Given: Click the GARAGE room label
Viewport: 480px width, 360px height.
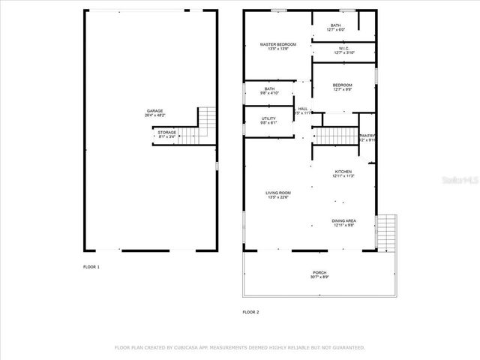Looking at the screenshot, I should tap(155, 110).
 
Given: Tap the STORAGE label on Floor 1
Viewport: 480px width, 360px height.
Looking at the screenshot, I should tap(166, 132).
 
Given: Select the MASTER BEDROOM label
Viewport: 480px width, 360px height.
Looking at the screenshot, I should tap(278, 45).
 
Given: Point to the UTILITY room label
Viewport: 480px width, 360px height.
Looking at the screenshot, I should tap(268, 118).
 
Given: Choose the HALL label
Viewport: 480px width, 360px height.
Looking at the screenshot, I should tap(303, 109).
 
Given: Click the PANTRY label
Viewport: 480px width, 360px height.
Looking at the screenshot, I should tap(367, 136).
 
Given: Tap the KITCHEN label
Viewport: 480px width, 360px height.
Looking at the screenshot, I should tap(343, 171).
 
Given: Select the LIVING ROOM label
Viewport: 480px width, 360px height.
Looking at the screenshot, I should tap(277, 193).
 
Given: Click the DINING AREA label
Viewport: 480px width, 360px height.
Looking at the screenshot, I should tap(344, 220).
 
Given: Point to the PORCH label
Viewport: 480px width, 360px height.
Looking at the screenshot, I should tap(319, 272).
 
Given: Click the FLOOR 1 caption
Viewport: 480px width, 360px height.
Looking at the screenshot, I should tap(91, 267).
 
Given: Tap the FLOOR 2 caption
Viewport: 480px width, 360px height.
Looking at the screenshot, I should tap(250, 311).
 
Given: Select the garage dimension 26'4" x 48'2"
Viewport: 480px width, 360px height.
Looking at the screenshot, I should tap(155, 115).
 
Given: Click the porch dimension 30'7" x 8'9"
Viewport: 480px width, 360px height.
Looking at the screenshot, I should tap(319, 277).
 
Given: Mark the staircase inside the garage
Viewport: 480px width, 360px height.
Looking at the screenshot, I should tap(206, 124).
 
